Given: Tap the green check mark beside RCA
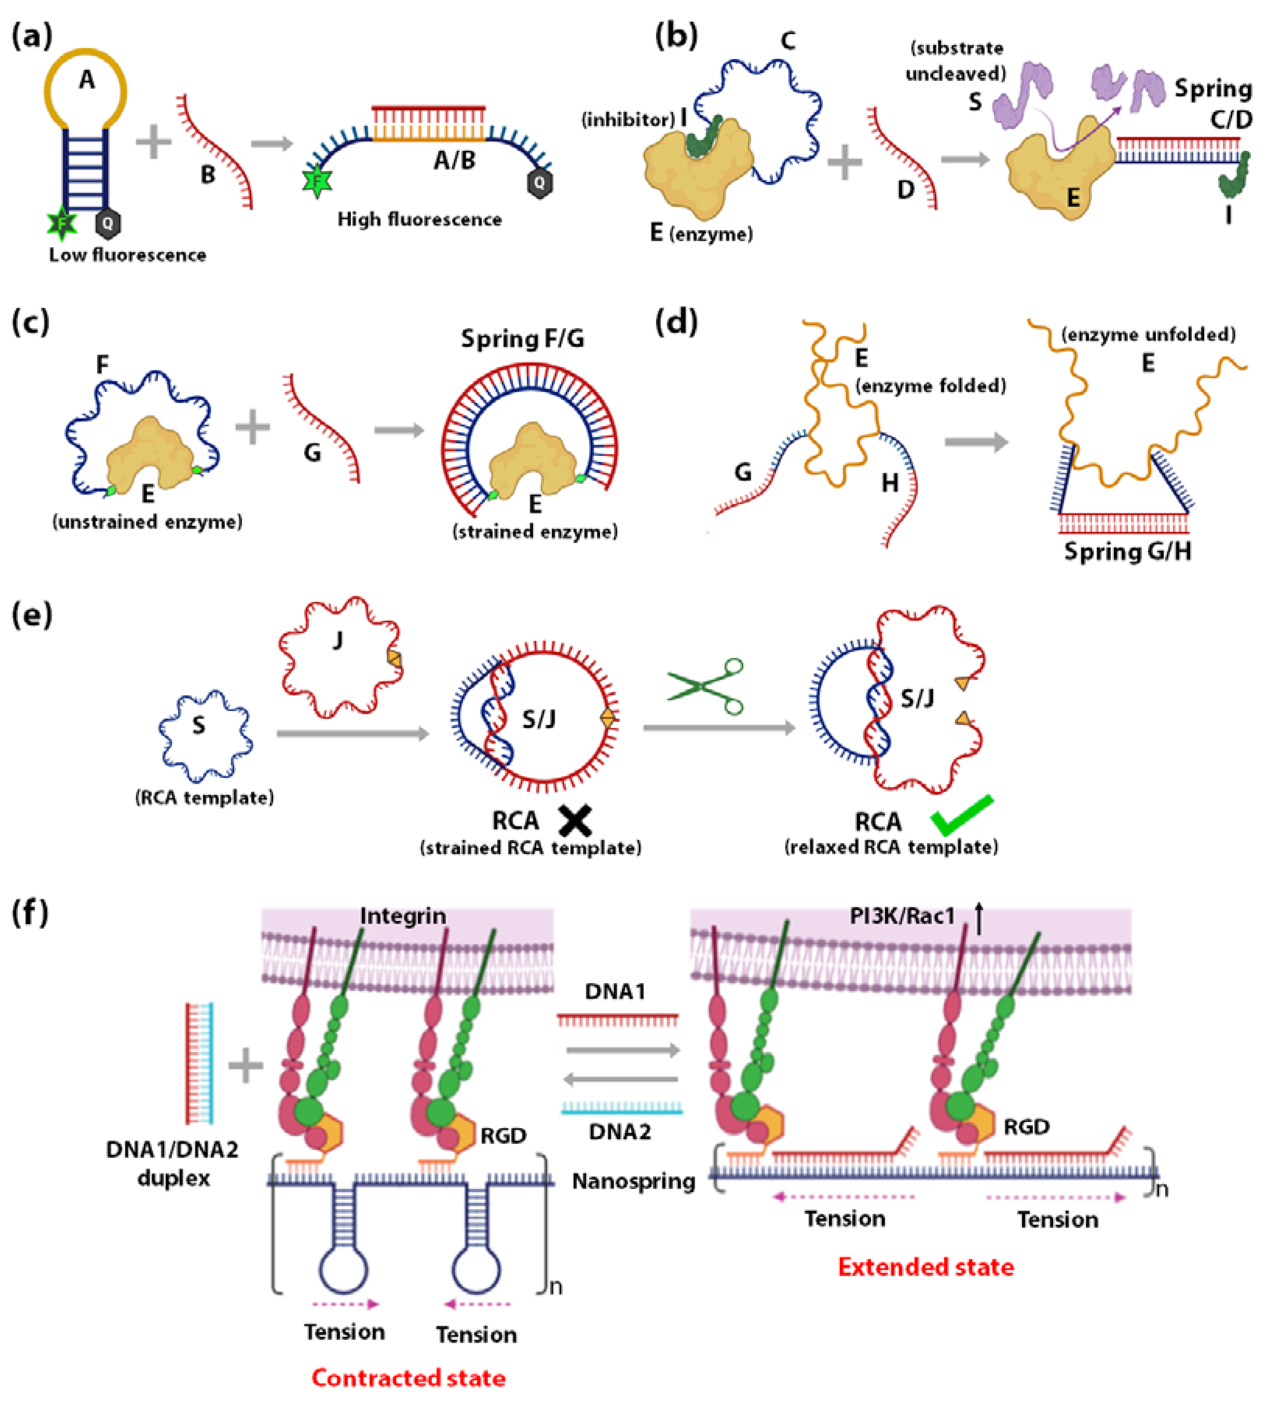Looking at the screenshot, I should (x=962, y=815).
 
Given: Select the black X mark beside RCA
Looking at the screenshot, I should (x=575, y=820).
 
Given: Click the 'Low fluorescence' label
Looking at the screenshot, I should (x=127, y=255).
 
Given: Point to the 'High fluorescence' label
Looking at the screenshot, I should (x=420, y=220).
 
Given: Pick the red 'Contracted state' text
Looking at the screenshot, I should (x=408, y=1378).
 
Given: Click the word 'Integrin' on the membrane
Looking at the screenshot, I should (x=403, y=916).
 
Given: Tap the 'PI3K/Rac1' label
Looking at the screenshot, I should (x=902, y=916).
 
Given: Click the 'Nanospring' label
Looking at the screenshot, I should (x=633, y=1181).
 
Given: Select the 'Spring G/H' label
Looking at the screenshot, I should (x=1127, y=552).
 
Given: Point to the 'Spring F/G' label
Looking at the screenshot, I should (x=522, y=339).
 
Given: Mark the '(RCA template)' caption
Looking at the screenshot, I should (x=204, y=798).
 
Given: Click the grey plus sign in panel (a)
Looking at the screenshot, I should (x=154, y=142).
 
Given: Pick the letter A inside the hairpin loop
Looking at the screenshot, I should (x=86, y=80).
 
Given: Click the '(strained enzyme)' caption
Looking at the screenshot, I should (x=535, y=532).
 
